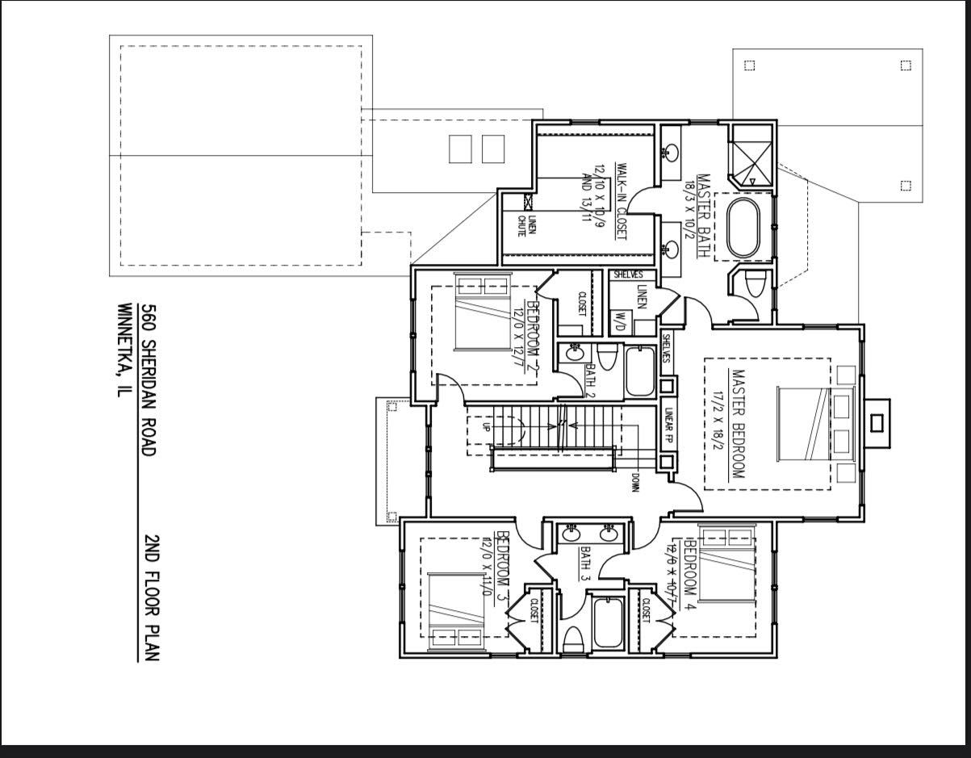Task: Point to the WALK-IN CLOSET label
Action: (x=622, y=201)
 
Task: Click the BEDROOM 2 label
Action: (x=531, y=335)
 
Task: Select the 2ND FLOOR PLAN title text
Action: (x=151, y=597)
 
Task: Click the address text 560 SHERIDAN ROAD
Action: (x=147, y=379)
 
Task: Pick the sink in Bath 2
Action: (x=575, y=354)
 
